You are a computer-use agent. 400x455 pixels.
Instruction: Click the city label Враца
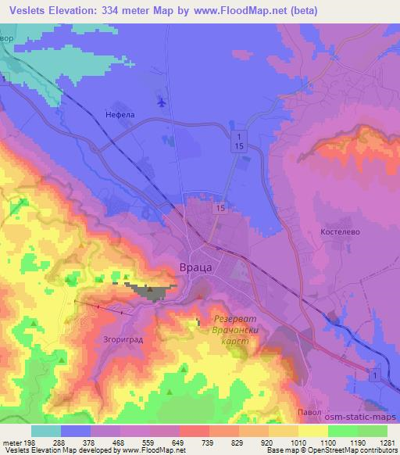(197, 267)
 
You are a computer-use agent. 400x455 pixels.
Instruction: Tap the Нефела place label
(120, 115)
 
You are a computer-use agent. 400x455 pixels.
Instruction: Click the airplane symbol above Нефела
(162, 101)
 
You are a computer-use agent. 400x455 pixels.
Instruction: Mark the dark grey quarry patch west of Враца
(153, 292)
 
